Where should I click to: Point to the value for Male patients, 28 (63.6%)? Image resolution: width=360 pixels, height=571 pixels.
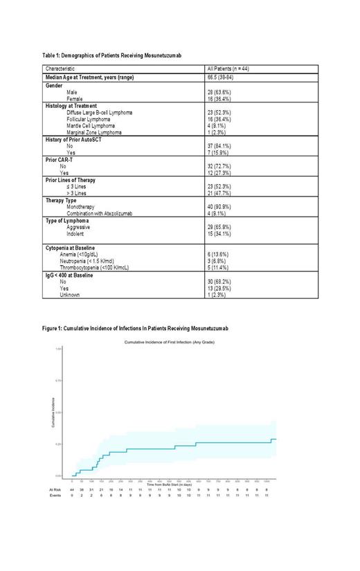(x=222, y=91)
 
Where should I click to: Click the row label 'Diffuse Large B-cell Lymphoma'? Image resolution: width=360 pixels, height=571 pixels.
(x=99, y=112)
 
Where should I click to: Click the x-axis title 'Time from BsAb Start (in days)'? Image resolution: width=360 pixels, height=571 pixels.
(x=170, y=482)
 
